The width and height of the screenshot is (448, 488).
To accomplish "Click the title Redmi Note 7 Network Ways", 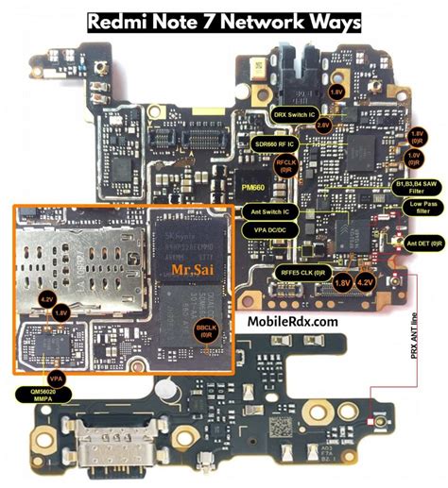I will click(x=223, y=20).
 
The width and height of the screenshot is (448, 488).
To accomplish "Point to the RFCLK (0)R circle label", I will click(x=284, y=165).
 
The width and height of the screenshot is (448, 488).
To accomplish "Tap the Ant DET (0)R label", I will click(x=422, y=243).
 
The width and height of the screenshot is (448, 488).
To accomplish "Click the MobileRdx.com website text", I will click(x=292, y=322).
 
